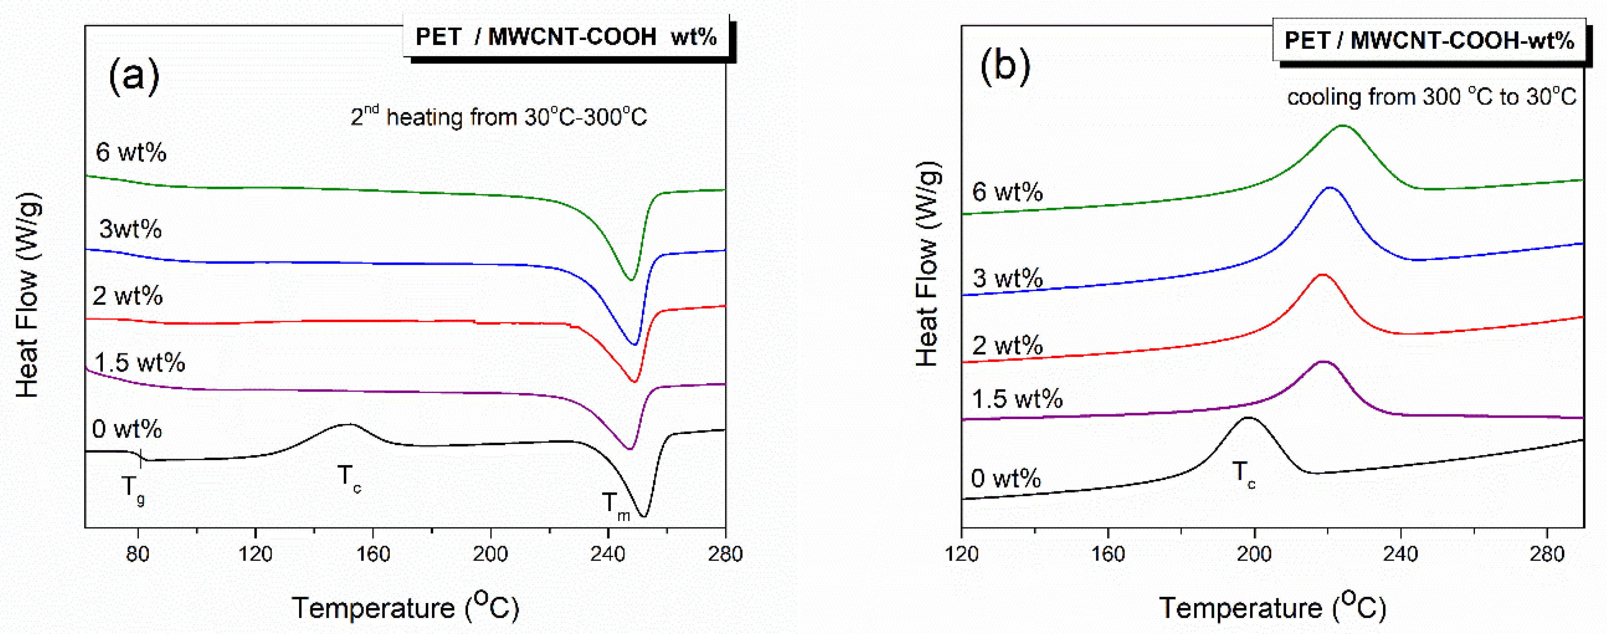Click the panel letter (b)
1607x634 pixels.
(1005, 66)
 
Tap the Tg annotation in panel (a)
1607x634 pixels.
(133, 489)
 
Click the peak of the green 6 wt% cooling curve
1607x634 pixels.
(1342, 126)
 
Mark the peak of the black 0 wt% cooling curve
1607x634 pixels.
(1248, 418)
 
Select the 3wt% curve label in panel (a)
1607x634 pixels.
(130, 229)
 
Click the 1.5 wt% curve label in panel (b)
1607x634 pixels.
(1017, 398)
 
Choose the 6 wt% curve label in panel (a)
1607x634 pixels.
(131, 152)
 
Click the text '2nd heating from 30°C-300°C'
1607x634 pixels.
(498, 117)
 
